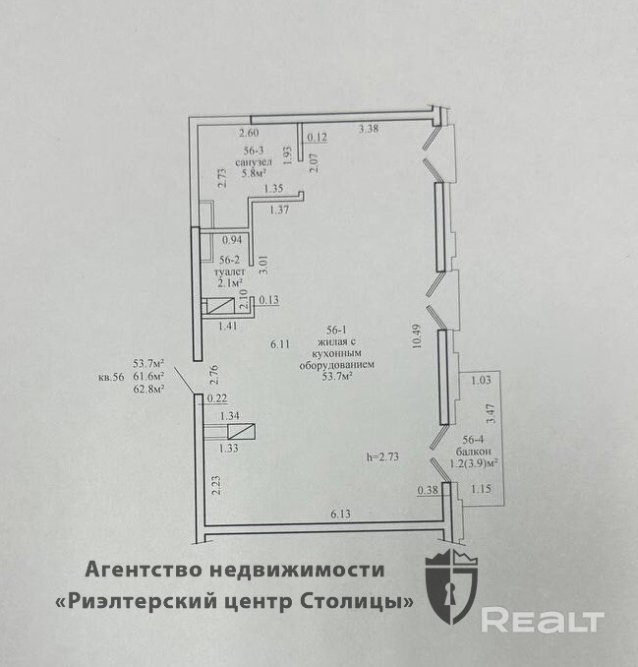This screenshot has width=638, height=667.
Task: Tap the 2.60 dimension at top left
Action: tap(250, 134)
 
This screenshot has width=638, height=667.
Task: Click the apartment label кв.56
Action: tap(111, 376)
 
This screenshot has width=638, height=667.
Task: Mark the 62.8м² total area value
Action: tap(148, 389)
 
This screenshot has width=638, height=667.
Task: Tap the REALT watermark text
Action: tap(542, 620)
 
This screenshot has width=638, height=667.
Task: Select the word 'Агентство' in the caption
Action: tap(136, 570)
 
